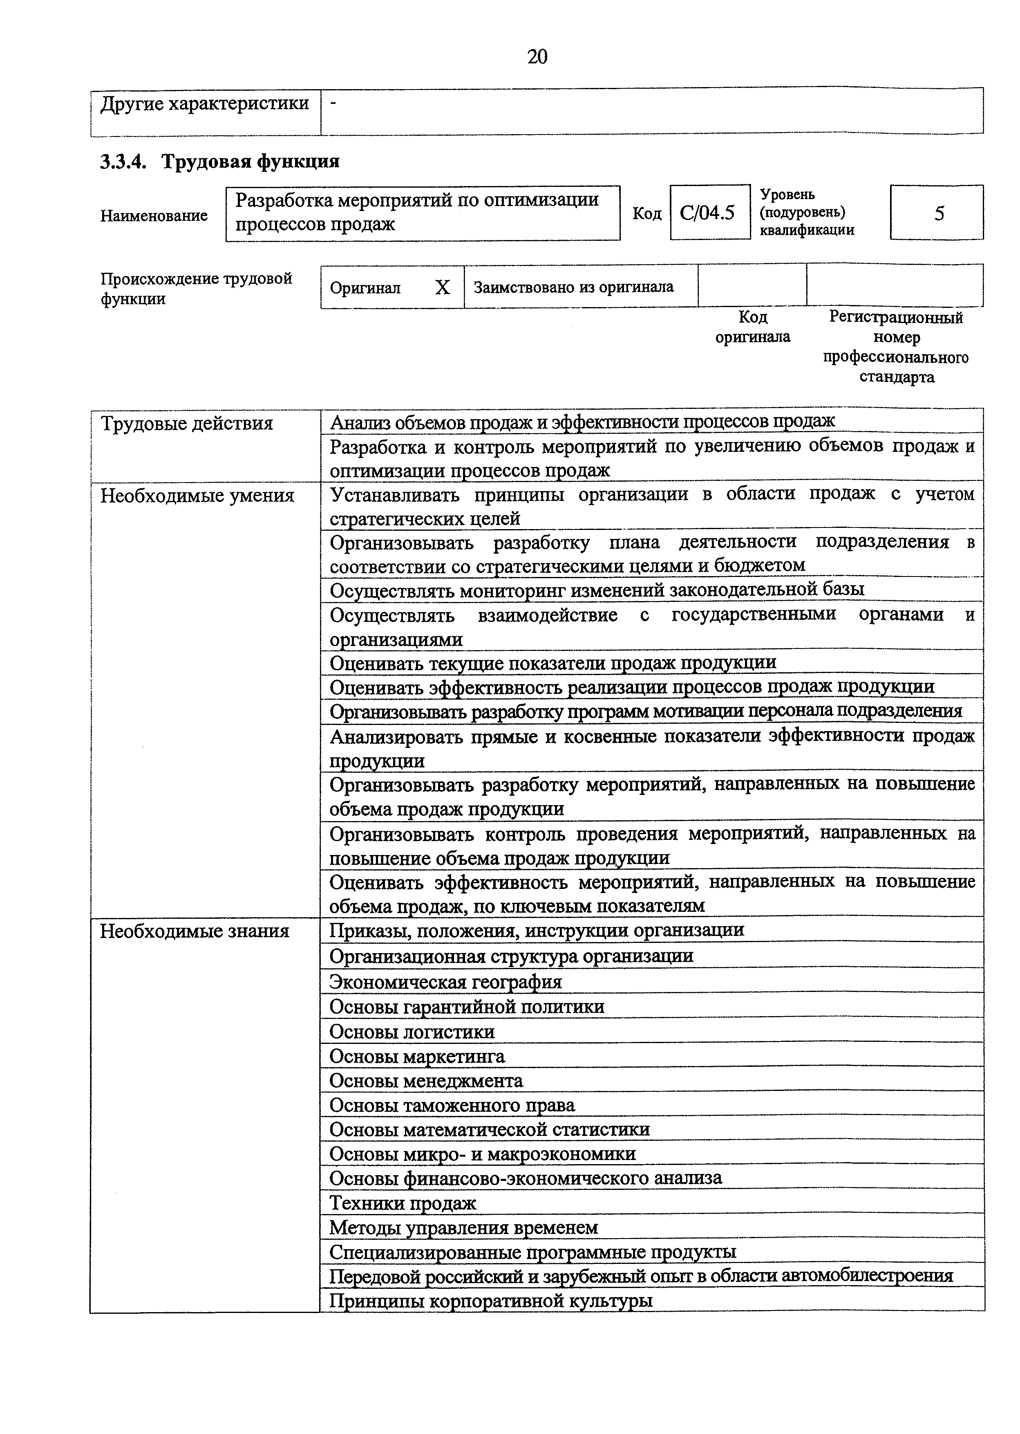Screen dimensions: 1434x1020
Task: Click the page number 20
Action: coord(537,57)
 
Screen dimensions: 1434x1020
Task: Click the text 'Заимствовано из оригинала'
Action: coord(573,287)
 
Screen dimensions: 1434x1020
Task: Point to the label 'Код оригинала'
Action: coord(752,327)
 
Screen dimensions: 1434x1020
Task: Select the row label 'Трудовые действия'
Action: coord(187,424)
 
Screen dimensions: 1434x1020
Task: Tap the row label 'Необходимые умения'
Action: coord(197,496)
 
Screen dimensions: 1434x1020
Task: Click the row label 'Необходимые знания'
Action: coord(195,931)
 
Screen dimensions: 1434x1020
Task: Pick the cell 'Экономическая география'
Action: coord(445,981)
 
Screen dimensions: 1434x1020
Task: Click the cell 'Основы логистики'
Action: coord(412,1032)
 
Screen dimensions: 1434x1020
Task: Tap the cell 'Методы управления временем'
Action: coord(463,1227)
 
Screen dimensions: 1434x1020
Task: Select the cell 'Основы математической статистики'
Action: coord(489,1130)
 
